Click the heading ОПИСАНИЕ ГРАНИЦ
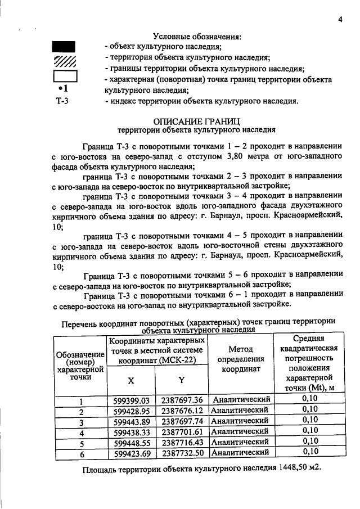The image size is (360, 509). [x=197, y=120]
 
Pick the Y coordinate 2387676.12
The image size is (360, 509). [x=182, y=411]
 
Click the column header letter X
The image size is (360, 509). [x=130, y=380]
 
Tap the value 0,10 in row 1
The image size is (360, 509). [x=310, y=399]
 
